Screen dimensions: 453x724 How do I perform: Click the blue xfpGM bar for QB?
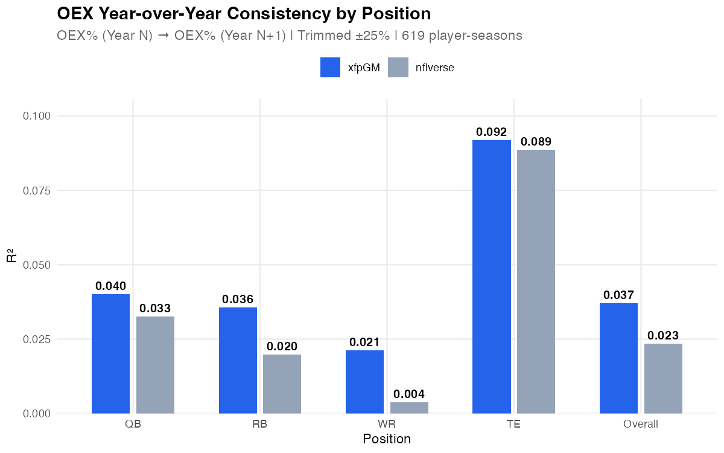pyautogui.click(x=110, y=354)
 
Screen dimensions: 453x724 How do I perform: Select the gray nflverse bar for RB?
pyautogui.click(x=282, y=384)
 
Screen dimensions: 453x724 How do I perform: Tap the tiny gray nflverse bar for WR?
pyautogui.click(x=409, y=408)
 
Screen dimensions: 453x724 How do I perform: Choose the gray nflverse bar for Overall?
pyautogui.click(x=663, y=379)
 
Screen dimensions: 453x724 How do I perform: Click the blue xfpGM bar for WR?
pyautogui.click(x=364, y=382)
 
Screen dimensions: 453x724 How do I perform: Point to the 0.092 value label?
pyautogui.click(x=491, y=132)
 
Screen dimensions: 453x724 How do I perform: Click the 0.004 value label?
pyautogui.click(x=409, y=394)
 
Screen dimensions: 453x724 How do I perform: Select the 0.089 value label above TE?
pyautogui.click(x=536, y=142)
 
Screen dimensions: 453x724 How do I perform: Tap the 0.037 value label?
pyautogui.click(x=618, y=295)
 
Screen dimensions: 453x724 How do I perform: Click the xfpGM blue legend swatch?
pyautogui.click(x=331, y=68)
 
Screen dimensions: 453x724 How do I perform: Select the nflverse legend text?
pyautogui.click(x=435, y=68)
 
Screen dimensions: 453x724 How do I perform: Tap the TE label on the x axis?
pyautogui.click(x=513, y=424)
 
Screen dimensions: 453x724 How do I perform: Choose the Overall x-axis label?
pyautogui.click(x=640, y=424)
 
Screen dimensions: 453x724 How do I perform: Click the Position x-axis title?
pyautogui.click(x=387, y=439)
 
